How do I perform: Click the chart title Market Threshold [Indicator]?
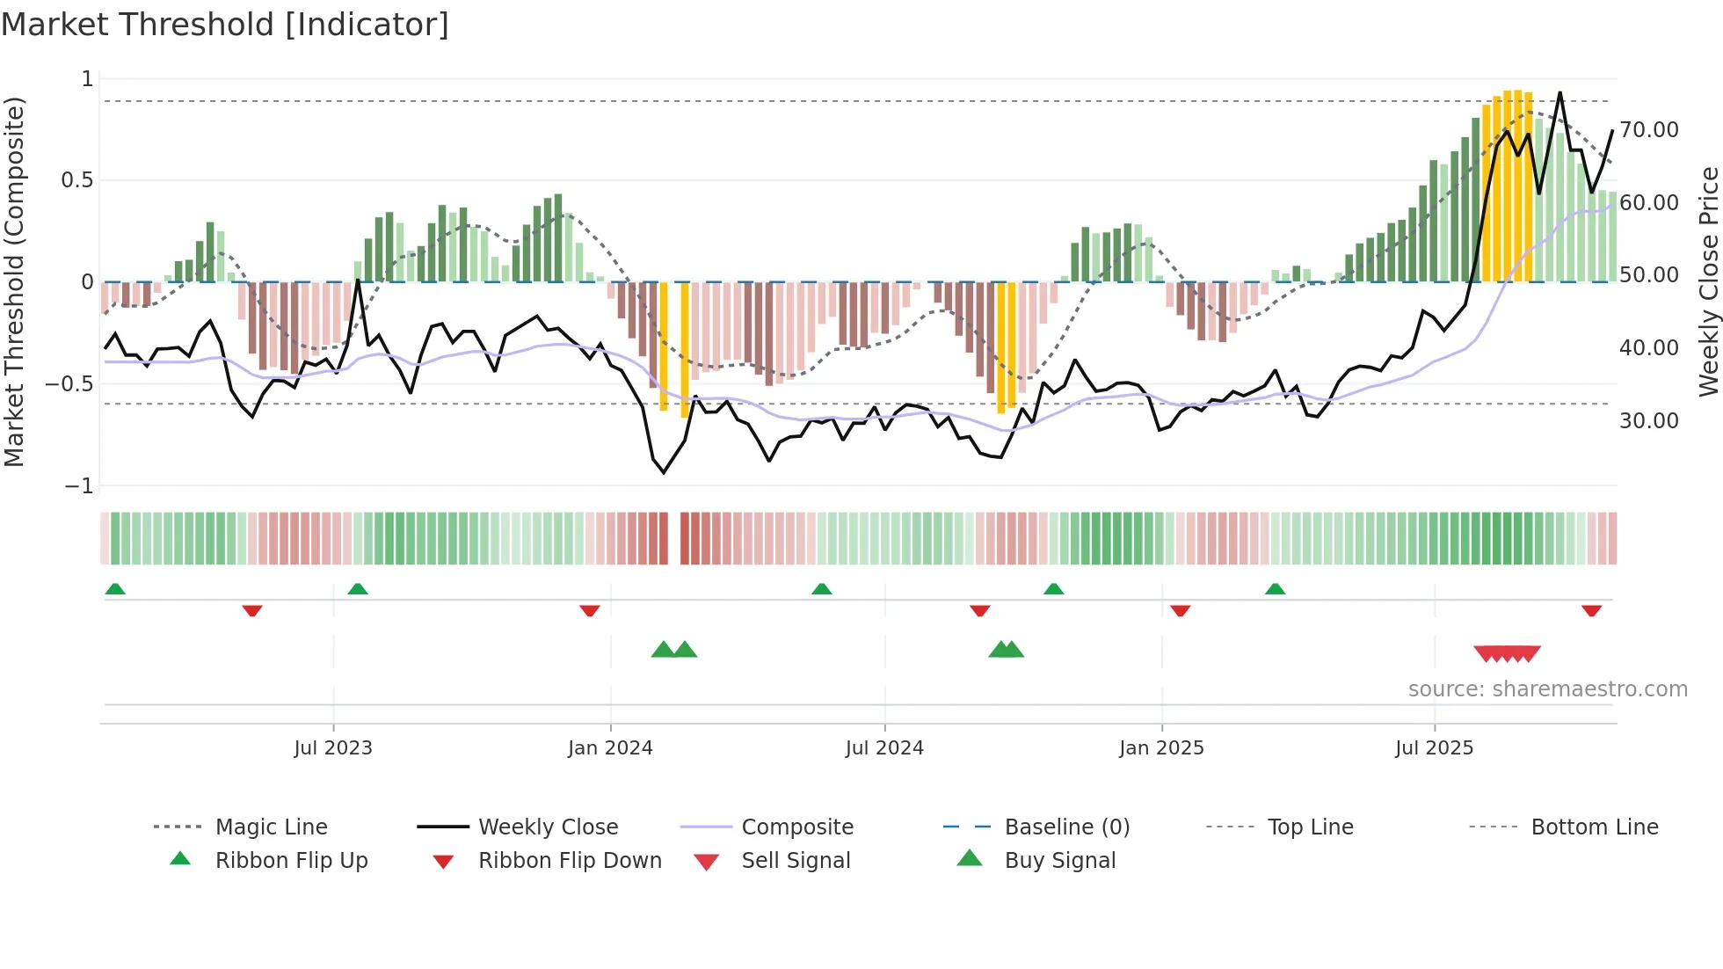[225, 25]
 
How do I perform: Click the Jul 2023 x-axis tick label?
[333, 748]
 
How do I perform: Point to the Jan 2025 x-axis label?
[1161, 748]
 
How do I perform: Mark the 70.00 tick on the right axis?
[1649, 130]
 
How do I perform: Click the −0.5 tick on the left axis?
[69, 384]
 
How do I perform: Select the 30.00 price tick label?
[1649, 421]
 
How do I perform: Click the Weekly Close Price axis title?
[1708, 281]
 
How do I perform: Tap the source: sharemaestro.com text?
[1547, 689]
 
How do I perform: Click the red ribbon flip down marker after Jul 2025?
[1591, 610]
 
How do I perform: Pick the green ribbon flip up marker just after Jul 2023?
[358, 589]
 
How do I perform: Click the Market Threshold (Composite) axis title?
[14, 281]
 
